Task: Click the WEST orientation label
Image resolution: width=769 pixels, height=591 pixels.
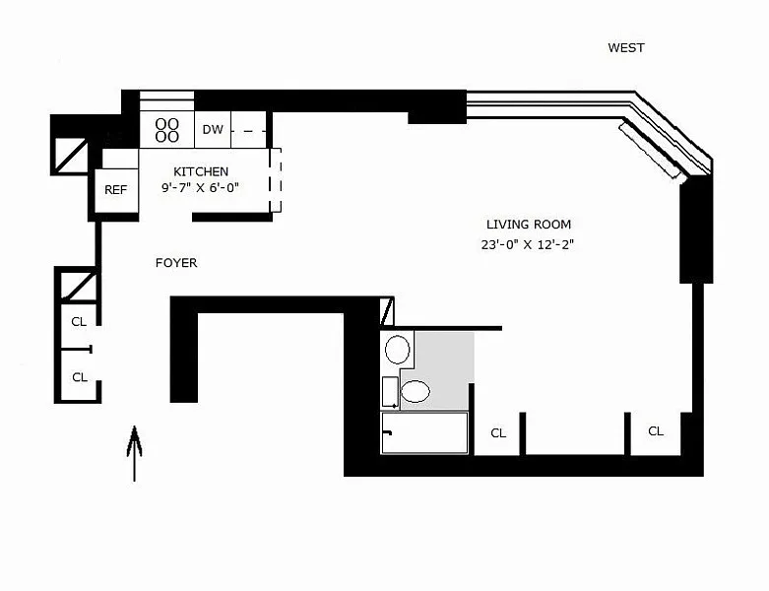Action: coord(626,47)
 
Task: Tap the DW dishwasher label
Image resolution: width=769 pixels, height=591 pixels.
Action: coord(213,129)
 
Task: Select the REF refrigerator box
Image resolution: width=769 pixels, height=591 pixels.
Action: coord(116,191)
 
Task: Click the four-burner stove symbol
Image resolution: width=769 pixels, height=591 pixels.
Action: coord(166,130)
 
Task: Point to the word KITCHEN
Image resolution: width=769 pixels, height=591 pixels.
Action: coord(201,171)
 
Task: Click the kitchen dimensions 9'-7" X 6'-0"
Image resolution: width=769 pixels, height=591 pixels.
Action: coord(200,187)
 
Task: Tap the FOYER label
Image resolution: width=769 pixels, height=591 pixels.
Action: coord(176,263)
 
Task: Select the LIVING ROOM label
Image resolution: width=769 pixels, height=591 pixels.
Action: coord(529,225)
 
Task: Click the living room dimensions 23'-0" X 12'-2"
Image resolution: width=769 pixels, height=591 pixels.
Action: coord(527,244)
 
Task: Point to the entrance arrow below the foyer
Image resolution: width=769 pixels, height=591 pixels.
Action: coord(134,454)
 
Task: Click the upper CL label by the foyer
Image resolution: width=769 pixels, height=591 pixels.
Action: coord(79,322)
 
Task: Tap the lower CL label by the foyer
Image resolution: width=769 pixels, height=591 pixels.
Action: coord(80,377)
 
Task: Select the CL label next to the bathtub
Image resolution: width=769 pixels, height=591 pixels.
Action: coord(498,433)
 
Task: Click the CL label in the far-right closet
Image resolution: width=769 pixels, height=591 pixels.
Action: coord(656,431)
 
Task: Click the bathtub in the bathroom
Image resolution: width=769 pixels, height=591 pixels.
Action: coord(424,432)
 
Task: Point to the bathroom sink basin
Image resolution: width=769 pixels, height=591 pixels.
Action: coord(397,350)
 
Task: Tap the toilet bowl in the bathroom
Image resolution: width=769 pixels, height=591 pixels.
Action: coord(416,392)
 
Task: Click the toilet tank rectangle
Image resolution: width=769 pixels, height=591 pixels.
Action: coord(390,392)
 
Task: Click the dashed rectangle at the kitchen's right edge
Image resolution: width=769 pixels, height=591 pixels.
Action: coord(275,180)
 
